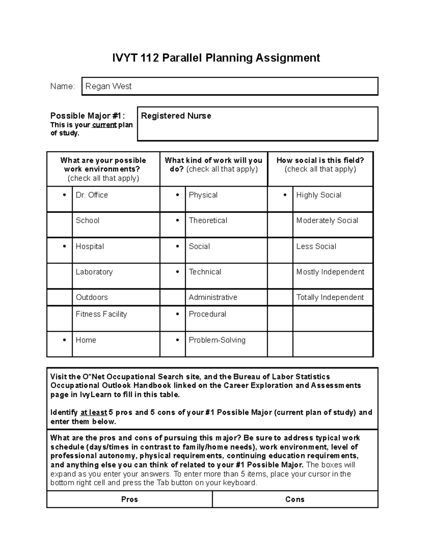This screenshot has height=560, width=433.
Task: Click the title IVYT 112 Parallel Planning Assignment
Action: [x=216, y=58]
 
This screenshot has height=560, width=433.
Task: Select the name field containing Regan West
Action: [x=229, y=86]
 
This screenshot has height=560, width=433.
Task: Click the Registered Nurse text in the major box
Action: [x=176, y=116]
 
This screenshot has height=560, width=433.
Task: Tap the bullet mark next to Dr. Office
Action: [x=64, y=195]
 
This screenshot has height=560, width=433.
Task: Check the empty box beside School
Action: [x=60, y=225]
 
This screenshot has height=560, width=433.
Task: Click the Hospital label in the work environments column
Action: [x=90, y=246]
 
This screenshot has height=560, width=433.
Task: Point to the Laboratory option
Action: [x=94, y=272]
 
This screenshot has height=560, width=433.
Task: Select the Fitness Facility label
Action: [x=101, y=314]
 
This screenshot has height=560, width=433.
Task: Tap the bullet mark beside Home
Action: [x=64, y=340]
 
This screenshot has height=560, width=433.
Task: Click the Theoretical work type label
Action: [x=208, y=220]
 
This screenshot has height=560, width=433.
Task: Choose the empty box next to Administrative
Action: [x=172, y=297]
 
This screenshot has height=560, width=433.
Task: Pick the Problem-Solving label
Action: [x=217, y=340]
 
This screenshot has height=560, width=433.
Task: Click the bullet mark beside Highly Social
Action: [x=285, y=195]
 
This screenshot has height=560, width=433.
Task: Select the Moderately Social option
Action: [x=327, y=220]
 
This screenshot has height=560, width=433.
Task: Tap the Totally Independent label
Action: [x=330, y=297]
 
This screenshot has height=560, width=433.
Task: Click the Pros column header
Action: [x=130, y=499]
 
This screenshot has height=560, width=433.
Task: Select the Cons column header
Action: [x=295, y=499]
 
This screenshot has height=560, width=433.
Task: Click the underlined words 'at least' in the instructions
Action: [x=93, y=413]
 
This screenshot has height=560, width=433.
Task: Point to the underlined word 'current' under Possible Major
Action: [x=104, y=125]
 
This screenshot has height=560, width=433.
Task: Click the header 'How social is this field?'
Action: [x=320, y=160]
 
